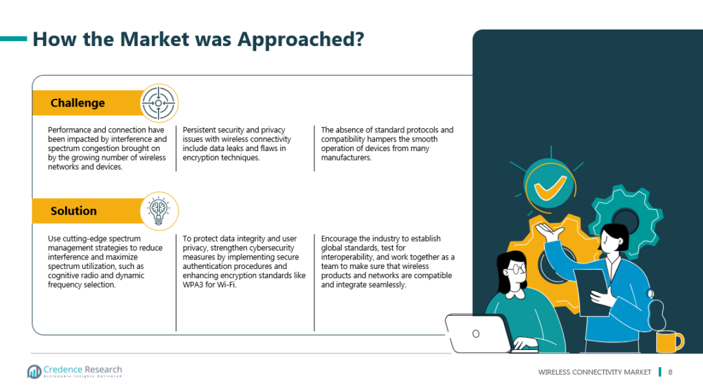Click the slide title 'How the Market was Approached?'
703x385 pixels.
[198, 39]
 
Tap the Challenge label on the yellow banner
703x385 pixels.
[78, 103]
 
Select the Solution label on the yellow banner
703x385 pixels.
[73, 211]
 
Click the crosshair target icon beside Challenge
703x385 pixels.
[159, 103]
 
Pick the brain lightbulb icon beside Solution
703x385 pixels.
[159, 211]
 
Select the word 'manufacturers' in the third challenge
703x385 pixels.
[345, 158]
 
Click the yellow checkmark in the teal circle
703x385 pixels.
[550, 186]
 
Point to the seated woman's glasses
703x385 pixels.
[516, 270]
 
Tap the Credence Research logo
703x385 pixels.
[74, 371]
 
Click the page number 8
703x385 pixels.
[670, 372]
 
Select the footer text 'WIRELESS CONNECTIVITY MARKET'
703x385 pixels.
[595, 372]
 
